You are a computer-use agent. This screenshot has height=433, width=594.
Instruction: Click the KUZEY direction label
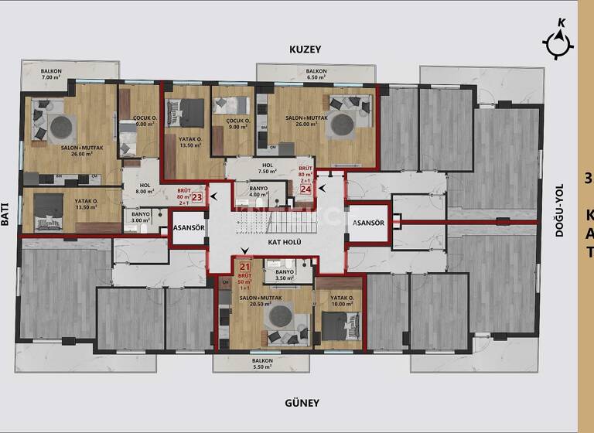(305, 49)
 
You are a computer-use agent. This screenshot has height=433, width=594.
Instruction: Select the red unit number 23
(196, 197)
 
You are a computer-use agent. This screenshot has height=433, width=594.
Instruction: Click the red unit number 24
(306, 188)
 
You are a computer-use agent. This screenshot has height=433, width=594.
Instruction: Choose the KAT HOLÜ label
(284, 243)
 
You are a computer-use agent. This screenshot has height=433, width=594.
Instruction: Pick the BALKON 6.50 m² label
(316, 75)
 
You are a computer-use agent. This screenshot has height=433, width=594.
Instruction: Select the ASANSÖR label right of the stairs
(368, 223)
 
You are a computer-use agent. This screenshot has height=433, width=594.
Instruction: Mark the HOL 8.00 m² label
(145, 189)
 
